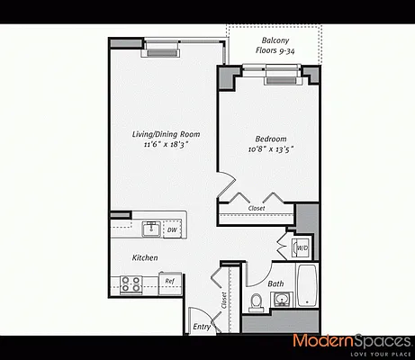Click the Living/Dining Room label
[166, 134]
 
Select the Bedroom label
[270, 138]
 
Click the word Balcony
[275, 40]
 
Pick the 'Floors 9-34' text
[275, 52]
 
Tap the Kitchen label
[145, 258]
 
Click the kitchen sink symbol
[150, 229]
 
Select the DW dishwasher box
[172, 229]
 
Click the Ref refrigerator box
[169, 282]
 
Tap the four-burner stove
[132, 284]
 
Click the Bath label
[276, 284]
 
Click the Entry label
[203, 327]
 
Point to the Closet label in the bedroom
[256, 208]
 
